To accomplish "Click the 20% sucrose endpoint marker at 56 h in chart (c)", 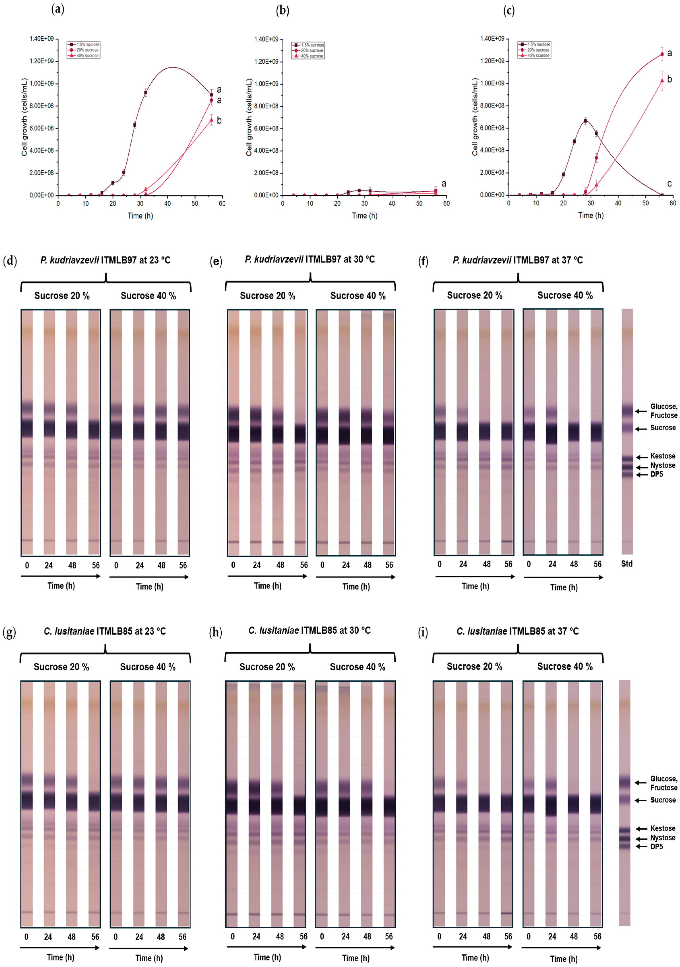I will [x=662, y=54].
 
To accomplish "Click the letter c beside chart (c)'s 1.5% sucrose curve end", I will [x=669, y=184].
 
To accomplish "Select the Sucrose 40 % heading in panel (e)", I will [x=358, y=296].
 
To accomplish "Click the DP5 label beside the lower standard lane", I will [x=656, y=846].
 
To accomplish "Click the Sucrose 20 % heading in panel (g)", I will [x=61, y=667].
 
